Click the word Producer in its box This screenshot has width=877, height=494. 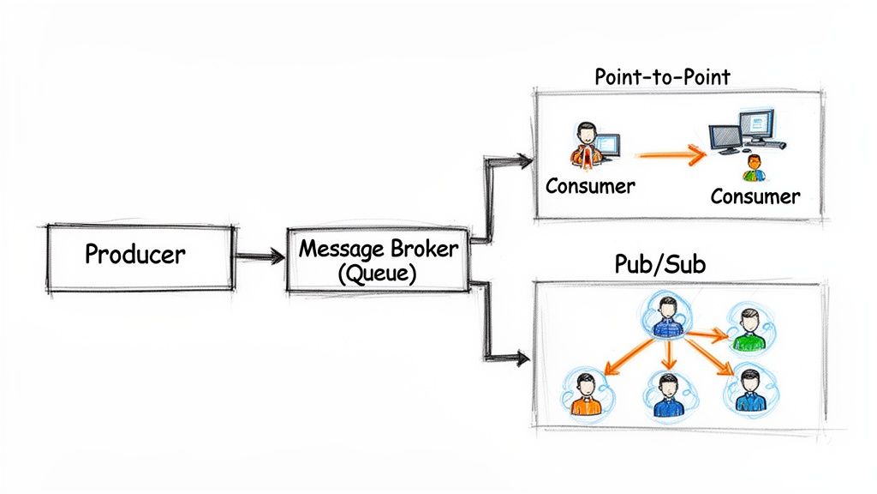tap(135, 254)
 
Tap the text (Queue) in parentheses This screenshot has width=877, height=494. tap(378, 274)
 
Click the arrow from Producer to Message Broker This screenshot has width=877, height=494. tap(260, 255)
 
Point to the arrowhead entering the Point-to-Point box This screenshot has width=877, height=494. tap(523, 159)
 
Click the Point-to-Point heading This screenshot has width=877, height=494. tap(662, 77)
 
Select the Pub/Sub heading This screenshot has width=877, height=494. tap(659, 264)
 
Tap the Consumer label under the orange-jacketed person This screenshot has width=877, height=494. tap(590, 185)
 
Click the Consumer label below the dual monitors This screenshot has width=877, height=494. tap(755, 196)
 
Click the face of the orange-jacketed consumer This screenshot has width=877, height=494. tap(585, 134)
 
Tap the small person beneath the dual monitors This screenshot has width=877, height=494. tap(754, 168)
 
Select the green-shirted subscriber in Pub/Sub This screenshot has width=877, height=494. tap(749, 330)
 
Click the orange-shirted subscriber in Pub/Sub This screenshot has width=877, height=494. tap(585, 394)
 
